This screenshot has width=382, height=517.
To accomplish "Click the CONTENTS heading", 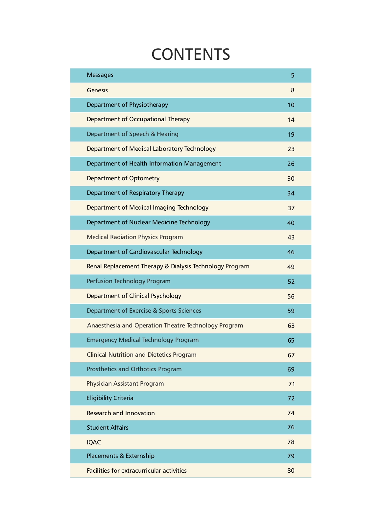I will (x=191, y=54).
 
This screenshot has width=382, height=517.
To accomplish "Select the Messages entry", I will (x=100, y=75).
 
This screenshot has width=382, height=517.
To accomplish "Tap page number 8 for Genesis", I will (x=293, y=90).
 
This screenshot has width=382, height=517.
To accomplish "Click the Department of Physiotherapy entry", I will (x=127, y=105).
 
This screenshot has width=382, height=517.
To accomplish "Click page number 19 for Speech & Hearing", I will (x=291, y=134).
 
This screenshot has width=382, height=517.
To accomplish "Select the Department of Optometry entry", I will (x=123, y=178).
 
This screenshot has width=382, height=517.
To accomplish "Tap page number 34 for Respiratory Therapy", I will (x=291, y=193).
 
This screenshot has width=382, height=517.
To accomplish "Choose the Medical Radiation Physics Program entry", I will (x=135, y=237).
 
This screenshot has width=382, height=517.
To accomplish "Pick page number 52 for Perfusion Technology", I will (x=291, y=281).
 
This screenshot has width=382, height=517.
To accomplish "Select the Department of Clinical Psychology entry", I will (x=134, y=296).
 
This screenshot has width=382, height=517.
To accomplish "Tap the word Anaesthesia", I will (x=104, y=326).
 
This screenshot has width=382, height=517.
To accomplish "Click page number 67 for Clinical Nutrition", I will (x=291, y=355).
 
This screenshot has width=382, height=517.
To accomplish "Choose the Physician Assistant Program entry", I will (x=125, y=384).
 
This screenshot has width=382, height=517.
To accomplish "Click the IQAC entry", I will (x=94, y=442).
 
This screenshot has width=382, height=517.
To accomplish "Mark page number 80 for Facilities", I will (x=291, y=470).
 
